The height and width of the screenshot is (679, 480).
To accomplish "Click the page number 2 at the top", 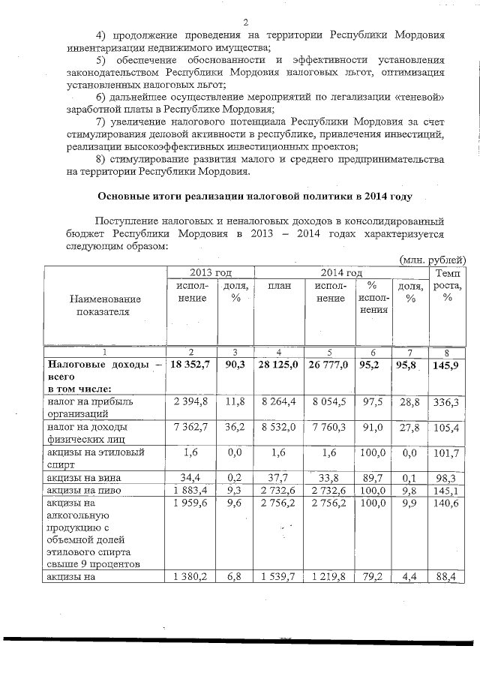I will pyautogui.click(x=246, y=20).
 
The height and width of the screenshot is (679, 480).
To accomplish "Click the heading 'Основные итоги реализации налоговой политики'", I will pyautogui.click(x=255, y=197).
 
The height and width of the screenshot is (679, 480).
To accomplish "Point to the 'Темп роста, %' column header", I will pyautogui.click(x=448, y=285).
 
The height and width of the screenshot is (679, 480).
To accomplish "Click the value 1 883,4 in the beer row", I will pyautogui.click(x=191, y=491).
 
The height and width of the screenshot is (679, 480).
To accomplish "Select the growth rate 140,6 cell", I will pyautogui.click(x=448, y=504).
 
